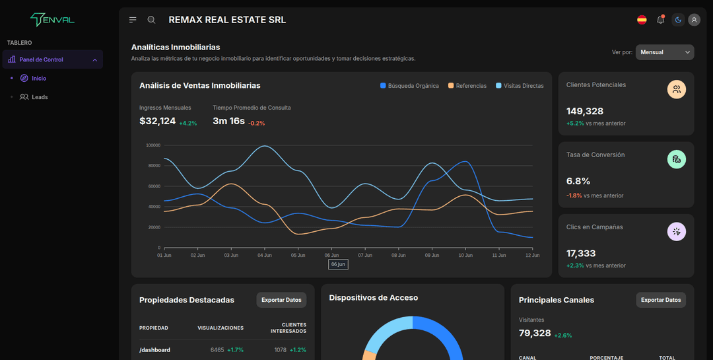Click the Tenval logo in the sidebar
click(53, 20)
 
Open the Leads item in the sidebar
click(40, 97)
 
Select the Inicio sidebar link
click(38, 78)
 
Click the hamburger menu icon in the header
click(133, 20)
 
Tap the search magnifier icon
click(151, 20)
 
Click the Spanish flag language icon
click(642, 20)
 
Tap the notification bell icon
click(660, 20)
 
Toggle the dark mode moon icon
click(678, 20)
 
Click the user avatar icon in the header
click(694, 20)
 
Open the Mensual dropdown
click(664, 52)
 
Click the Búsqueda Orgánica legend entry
click(409, 86)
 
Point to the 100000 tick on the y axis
click(153, 145)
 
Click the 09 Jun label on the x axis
click(432, 255)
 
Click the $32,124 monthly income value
click(158, 122)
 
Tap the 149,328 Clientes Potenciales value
click(585, 111)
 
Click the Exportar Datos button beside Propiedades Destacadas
click(281, 300)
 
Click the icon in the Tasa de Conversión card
click(677, 159)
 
